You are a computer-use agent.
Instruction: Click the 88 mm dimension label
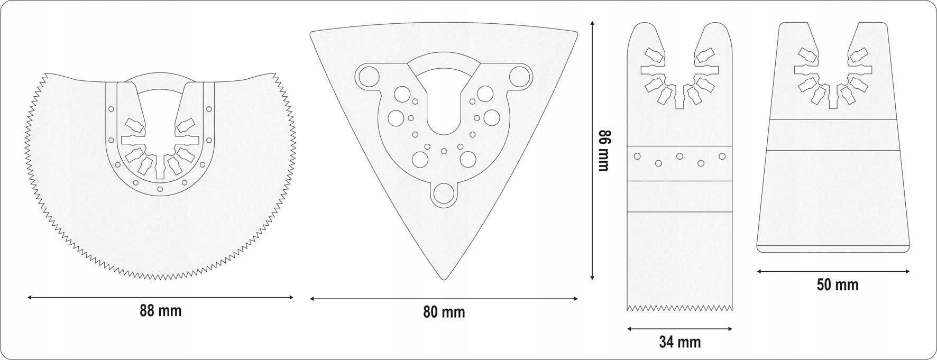(160, 311)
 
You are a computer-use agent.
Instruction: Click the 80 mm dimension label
(444, 312)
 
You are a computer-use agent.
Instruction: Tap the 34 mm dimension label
(679, 342)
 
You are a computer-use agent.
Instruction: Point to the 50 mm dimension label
(838, 285)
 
